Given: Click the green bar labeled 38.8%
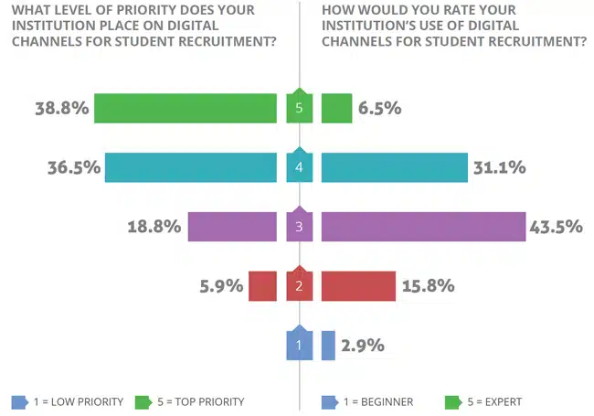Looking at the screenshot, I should click(x=186, y=108).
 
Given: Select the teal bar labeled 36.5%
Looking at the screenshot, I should click(x=190, y=167).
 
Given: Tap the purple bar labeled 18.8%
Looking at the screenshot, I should click(x=232, y=227).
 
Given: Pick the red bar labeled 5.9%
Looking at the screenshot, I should click(x=261, y=286).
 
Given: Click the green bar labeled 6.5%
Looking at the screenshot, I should click(x=337, y=108).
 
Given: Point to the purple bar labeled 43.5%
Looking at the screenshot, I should click(x=423, y=227).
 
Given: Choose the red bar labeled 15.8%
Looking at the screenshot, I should click(x=358, y=286).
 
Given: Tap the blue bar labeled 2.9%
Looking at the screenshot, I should click(x=328, y=345).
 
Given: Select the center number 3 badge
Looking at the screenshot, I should click(x=299, y=226).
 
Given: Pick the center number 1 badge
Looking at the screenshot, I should click(x=299, y=345).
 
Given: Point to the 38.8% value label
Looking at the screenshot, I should click(x=60, y=108).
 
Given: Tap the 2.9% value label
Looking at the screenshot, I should click(x=364, y=346).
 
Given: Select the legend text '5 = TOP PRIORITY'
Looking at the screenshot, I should click(x=201, y=401).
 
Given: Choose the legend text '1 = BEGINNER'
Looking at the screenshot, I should click(x=378, y=401).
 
